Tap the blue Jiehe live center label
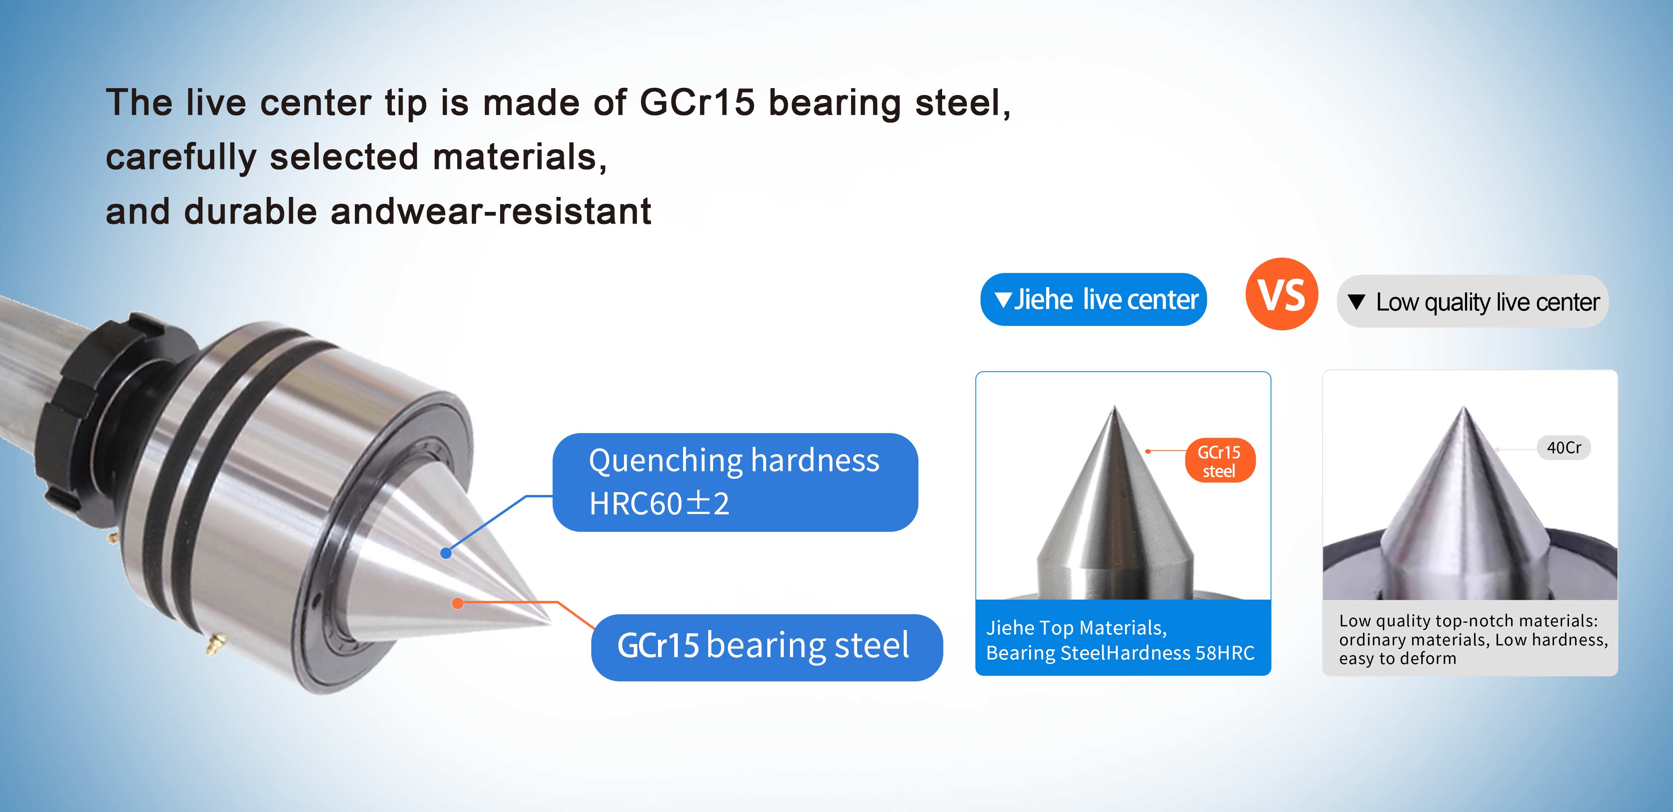pyautogui.click(x=1094, y=299)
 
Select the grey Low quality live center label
pyautogui.click(x=1472, y=301)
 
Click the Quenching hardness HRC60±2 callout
pyautogui.click(x=735, y=482)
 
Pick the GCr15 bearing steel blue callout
pyautogui.click(x=766, y=647)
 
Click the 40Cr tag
pyautogui.click(x=1564, y=447)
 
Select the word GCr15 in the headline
pyautogui.click(x=697, y=103)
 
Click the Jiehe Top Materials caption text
pyautogui.click(x=1120, y=640)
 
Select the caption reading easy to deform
pyautogui.click(x=1398, y=658)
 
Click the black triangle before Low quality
pyautogui.click(x=1356, y=302)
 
